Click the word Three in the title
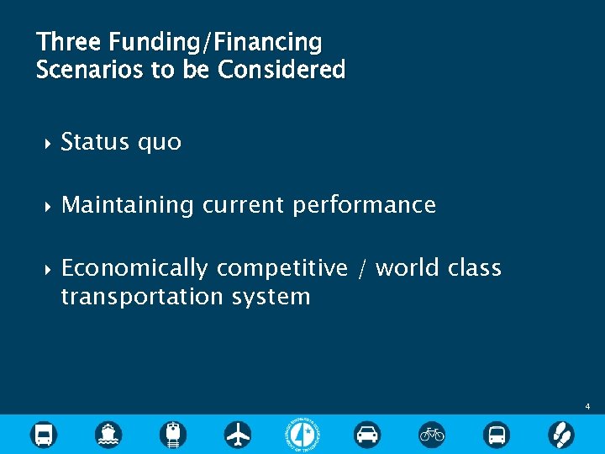[68, 41]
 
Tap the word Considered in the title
[281, 70]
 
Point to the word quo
[160, 142]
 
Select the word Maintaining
[128, 205]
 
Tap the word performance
[364, 205]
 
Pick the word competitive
[281, 268]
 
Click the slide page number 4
[587, 407]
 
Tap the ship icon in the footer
[108, 434]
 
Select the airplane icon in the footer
[238, 434]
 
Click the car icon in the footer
[367, 434]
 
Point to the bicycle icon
[432, 434]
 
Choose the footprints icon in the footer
[560, 434]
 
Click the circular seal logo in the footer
[302, 434]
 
